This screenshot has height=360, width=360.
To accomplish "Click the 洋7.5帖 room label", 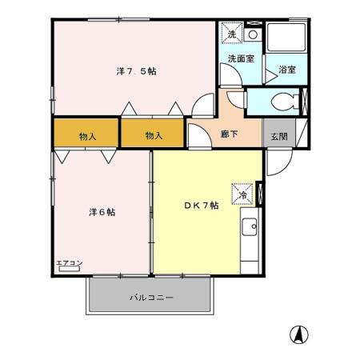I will pos(136,71).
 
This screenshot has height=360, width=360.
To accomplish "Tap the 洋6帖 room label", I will pos(102,212).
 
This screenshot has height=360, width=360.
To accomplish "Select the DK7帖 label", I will pos(201,206).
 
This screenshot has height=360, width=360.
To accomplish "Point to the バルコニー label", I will pos(151,298).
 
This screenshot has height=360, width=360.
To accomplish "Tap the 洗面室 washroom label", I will pos(240,58).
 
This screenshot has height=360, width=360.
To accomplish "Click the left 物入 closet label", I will pos(87,136).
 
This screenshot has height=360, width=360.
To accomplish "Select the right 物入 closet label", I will pos(154,136).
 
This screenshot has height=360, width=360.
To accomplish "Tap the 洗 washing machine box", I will pos(232,34).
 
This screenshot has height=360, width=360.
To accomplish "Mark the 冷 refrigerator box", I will pos(242,193).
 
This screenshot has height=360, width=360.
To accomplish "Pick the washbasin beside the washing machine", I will pos(252,34).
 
